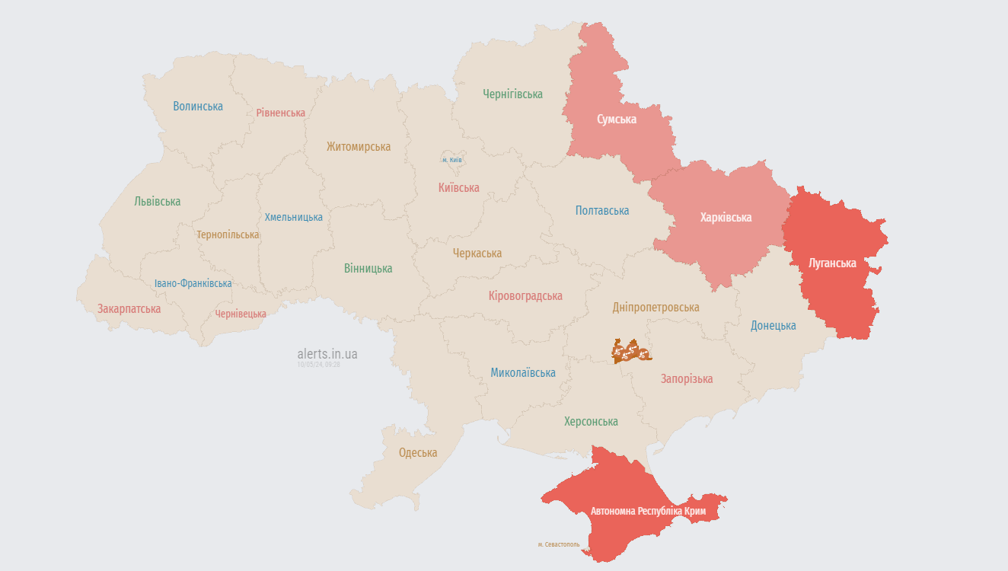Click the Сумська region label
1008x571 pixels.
(x=617, y=120)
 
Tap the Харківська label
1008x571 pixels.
(x=726, y=218)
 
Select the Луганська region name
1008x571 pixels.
(x=832, y=263)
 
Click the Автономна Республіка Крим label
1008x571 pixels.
(x=649, y=512)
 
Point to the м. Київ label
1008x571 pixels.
(x=452, y=160)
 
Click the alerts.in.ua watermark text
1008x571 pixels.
(x=327, y=354)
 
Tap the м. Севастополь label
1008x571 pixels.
(x=558, y=544)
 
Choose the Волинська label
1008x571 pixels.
(x=198, y=107)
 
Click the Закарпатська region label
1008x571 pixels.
(x=129, y=309)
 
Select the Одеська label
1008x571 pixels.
(x=418, y=453)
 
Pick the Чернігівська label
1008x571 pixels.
(x=512, y=94)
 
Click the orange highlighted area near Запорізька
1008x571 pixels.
(x=632, y=352)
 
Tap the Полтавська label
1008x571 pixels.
(x=602, y=211)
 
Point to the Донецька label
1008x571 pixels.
(x=773, y=326)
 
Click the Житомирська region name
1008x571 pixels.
(x=359, y=147)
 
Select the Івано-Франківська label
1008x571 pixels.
(x=193, y=284)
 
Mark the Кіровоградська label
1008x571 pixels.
(x=525, y=296)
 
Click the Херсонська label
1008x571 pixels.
(x=591, y=422)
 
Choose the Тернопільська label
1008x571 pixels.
(x=228, y=235)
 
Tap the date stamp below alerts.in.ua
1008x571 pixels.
(x=318, y=365)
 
